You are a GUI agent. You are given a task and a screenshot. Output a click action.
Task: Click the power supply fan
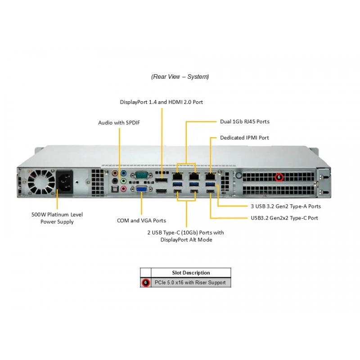point(41,182)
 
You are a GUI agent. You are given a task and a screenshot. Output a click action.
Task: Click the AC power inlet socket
point(64,182)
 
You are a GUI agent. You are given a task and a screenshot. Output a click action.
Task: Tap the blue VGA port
point(142,189)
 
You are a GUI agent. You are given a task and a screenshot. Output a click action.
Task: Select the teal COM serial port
point(142,175)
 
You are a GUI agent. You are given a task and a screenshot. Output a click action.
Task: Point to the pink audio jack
point(123,189)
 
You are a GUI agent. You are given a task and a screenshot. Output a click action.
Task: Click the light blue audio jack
point(123,173)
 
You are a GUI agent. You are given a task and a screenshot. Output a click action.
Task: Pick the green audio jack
point(123,181)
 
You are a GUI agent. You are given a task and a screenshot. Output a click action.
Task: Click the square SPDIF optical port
point(115,189)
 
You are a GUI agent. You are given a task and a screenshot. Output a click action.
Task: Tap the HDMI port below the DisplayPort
point(162,191)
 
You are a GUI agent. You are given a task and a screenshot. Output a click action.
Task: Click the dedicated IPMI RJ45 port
point(210,176)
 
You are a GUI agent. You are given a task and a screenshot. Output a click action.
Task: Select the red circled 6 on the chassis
point(279,177)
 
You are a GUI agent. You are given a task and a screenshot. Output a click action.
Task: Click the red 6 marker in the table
point(145,283)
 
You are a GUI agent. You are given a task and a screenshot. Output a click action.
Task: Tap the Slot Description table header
point(191,273)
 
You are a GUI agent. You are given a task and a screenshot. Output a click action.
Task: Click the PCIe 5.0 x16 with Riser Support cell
point(190,283)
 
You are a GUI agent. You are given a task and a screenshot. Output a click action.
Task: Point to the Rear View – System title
point(180,76)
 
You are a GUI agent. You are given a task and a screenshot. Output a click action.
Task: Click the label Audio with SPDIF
point(119,123)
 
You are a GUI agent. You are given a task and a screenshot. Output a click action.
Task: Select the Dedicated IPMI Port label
point(244,138)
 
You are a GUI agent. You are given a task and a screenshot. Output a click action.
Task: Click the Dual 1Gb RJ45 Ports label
point(245,121)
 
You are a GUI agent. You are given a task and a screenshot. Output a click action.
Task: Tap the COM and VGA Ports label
point(141,220)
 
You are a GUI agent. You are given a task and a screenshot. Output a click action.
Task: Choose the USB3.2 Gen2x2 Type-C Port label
point(284,218)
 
